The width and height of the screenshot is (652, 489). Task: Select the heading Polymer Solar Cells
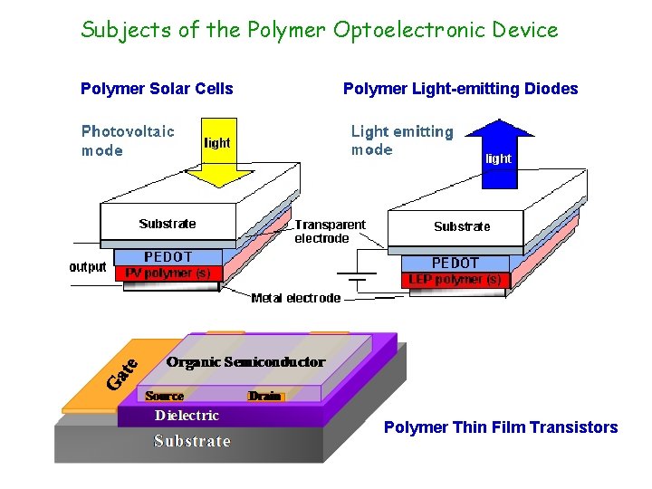click(x=157, y=89)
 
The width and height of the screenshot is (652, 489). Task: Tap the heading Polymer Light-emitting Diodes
click(x=460, y=89)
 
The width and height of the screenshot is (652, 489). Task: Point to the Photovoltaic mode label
click(x=128, y=140)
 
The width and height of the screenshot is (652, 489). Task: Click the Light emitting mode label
click(x=401, y=140)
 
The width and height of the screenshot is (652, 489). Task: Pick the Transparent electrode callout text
click(x=330, y=231)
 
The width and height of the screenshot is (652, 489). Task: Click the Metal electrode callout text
click(x=295, y=298)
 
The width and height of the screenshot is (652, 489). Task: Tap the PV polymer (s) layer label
click(x=168, y=272)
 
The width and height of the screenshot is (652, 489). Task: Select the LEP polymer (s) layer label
click(x=455, y=280)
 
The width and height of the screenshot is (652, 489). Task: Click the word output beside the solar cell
click(x=88, y=267)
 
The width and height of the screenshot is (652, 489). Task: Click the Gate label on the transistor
click(x=123, y=374)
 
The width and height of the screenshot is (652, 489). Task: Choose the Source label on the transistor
click(x=164, y=396)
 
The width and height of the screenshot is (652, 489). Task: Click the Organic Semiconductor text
click(x=245, y=362)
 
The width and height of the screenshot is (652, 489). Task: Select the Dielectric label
click(x=187, y=416)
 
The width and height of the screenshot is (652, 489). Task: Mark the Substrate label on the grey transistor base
click(x=192, y=441)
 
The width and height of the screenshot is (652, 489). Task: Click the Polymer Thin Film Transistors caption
click(x=501, y=427)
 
